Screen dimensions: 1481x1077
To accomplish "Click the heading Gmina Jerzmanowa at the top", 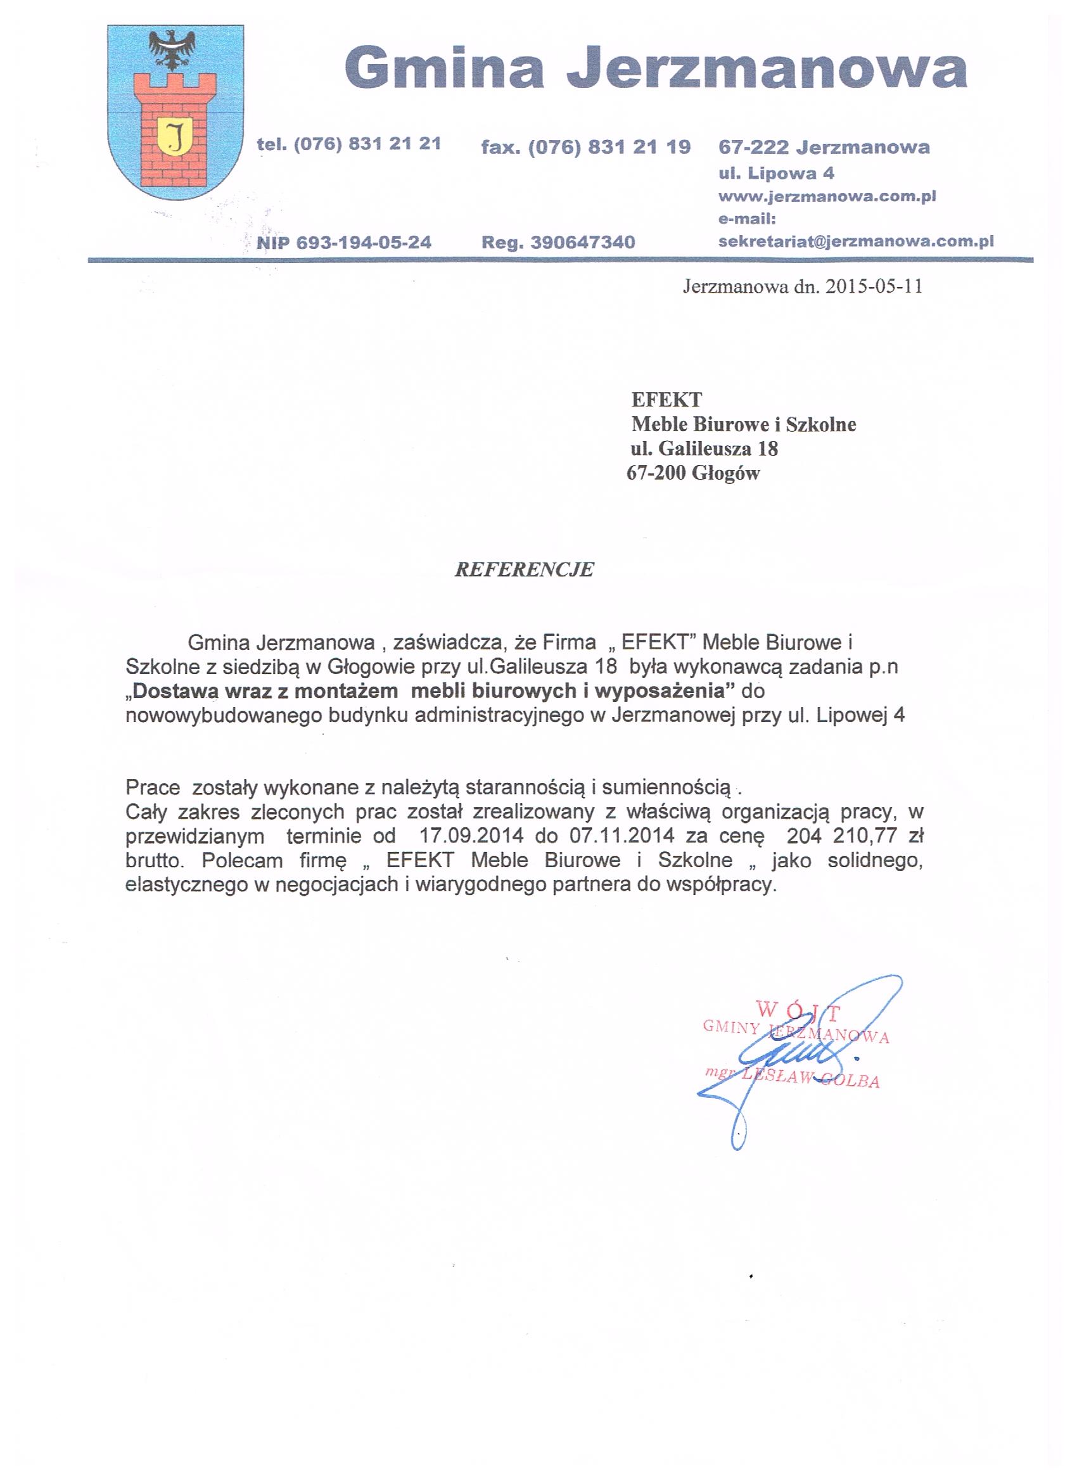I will tap(655, 68).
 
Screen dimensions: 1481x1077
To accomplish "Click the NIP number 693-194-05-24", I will tap(364, 243).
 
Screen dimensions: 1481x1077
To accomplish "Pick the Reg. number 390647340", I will tap(583, 243).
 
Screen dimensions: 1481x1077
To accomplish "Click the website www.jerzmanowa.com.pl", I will tap(827, 196).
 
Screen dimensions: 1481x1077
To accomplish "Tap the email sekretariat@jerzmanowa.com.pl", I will tap(856, 241).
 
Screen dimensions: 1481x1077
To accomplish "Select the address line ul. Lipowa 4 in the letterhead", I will tap(776, 173).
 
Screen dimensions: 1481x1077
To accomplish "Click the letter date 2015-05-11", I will tap(874, 287).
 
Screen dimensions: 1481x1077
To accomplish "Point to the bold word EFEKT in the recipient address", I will tap(666, 400).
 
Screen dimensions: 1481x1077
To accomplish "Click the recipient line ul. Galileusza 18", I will tap(704, 448).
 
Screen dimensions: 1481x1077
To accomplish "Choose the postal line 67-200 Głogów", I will tap(693, 473).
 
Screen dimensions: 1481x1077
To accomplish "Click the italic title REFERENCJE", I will tap(524, 569).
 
